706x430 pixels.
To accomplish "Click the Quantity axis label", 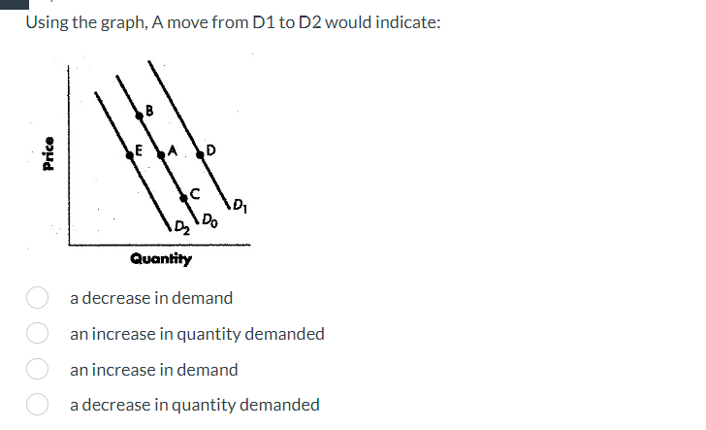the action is click(x=161, y=259).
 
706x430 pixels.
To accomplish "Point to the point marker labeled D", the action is click(x=201, y=152).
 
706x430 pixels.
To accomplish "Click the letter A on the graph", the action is click(x=172, y=150).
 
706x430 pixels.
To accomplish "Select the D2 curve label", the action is click(x=183, y=229).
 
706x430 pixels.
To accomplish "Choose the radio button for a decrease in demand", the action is click(x=38, y=298).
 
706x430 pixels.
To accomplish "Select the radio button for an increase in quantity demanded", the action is click(x=38, y=334).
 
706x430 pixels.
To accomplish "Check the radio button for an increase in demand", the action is click(x=38, y=370).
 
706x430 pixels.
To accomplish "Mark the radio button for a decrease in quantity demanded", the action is click(x=38, y=405).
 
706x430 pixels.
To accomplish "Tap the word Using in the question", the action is click(x=48, y=22).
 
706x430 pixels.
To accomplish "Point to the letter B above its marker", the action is click(x=148, y=109).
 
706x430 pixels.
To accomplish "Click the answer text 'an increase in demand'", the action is click(x=153, y=370).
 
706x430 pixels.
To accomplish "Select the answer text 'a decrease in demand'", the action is click(x=151, y=298).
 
